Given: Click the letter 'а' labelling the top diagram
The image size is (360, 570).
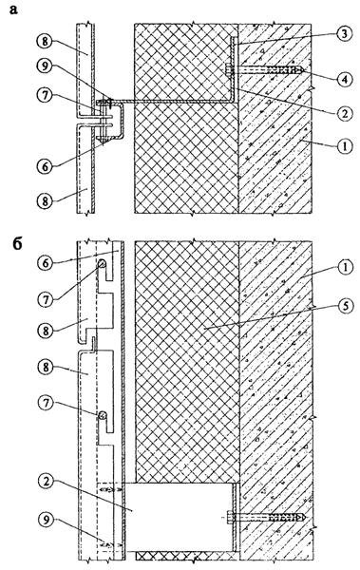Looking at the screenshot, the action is (x=13, y=9).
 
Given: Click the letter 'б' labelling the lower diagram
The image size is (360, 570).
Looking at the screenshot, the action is (x=17, y=244).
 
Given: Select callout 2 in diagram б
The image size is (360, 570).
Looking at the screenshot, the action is (x=46, y=483).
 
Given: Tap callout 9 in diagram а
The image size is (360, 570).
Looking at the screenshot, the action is (x=45, y=66).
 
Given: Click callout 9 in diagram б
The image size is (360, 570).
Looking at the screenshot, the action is (x=46, y=519).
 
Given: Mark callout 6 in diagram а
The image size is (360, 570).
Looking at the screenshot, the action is (x=45, y=166).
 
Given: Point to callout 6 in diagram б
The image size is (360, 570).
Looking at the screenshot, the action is (x=46, y=262).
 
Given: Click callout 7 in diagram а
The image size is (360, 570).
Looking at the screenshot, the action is (x=45, y=96).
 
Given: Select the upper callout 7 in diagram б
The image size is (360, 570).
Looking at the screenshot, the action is (x=46, y=299).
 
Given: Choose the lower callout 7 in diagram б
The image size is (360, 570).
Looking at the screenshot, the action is (x=46, y=403).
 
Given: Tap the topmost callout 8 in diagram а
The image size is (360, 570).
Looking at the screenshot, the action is (x=45, y=41).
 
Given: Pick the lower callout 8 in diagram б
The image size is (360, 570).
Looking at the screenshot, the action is (x=46, y=367).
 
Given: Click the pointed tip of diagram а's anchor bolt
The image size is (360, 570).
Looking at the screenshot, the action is (x=304, y=69).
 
